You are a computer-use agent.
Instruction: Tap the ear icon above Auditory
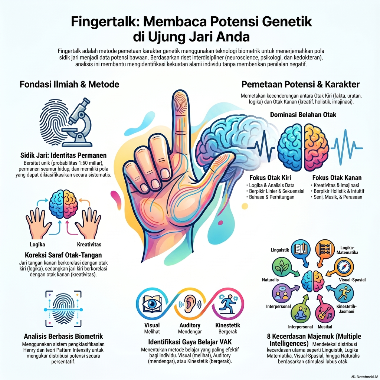tap(190, 304)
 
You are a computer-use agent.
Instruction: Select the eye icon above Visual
tap(152, 304)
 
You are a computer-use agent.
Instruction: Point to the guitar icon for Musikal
tap(325, 313)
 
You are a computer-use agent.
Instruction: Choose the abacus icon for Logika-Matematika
tap(325, 249)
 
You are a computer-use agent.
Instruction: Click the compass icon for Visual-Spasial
tap(344, 267)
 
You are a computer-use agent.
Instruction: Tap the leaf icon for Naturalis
tap(281, 266)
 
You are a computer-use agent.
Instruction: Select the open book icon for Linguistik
tap(301, 249)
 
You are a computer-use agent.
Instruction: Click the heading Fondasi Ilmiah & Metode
tap(69, 84)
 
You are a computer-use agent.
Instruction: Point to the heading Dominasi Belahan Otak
tap(303, 115)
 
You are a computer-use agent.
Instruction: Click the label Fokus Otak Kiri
tap(270, 178)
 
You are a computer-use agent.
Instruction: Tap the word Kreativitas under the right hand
tap(89, 244)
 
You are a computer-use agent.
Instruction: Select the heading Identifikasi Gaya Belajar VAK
tap(190, 342)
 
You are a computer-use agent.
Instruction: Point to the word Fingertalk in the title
tap(105, 22)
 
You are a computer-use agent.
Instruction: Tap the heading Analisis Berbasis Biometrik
tap(63, 336)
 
